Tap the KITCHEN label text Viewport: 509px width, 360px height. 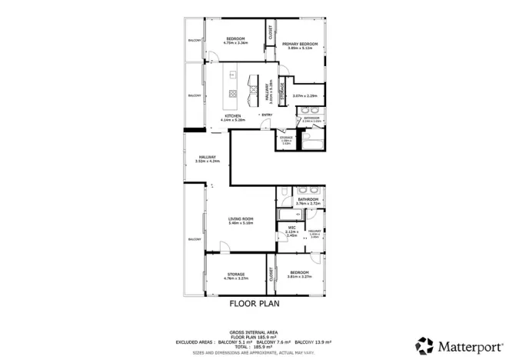tap(232, 116)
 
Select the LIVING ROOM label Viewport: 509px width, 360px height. tap(241, 219)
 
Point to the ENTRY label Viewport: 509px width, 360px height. tap(267, 115)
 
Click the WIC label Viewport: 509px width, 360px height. tap(292, 228)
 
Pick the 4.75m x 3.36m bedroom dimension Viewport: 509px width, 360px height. tap(235, 43)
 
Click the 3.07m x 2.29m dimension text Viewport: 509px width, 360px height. tap(305, 95)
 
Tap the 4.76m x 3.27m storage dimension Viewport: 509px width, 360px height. tap(235, 278)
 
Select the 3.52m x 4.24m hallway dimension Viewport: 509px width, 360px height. tap(205, 162)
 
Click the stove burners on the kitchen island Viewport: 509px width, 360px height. tap(233, 94)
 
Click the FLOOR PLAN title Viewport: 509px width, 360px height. tap(254, 304)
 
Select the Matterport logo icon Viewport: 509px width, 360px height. tap(424, 343)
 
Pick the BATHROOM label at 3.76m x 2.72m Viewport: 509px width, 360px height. tap(308, 198)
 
